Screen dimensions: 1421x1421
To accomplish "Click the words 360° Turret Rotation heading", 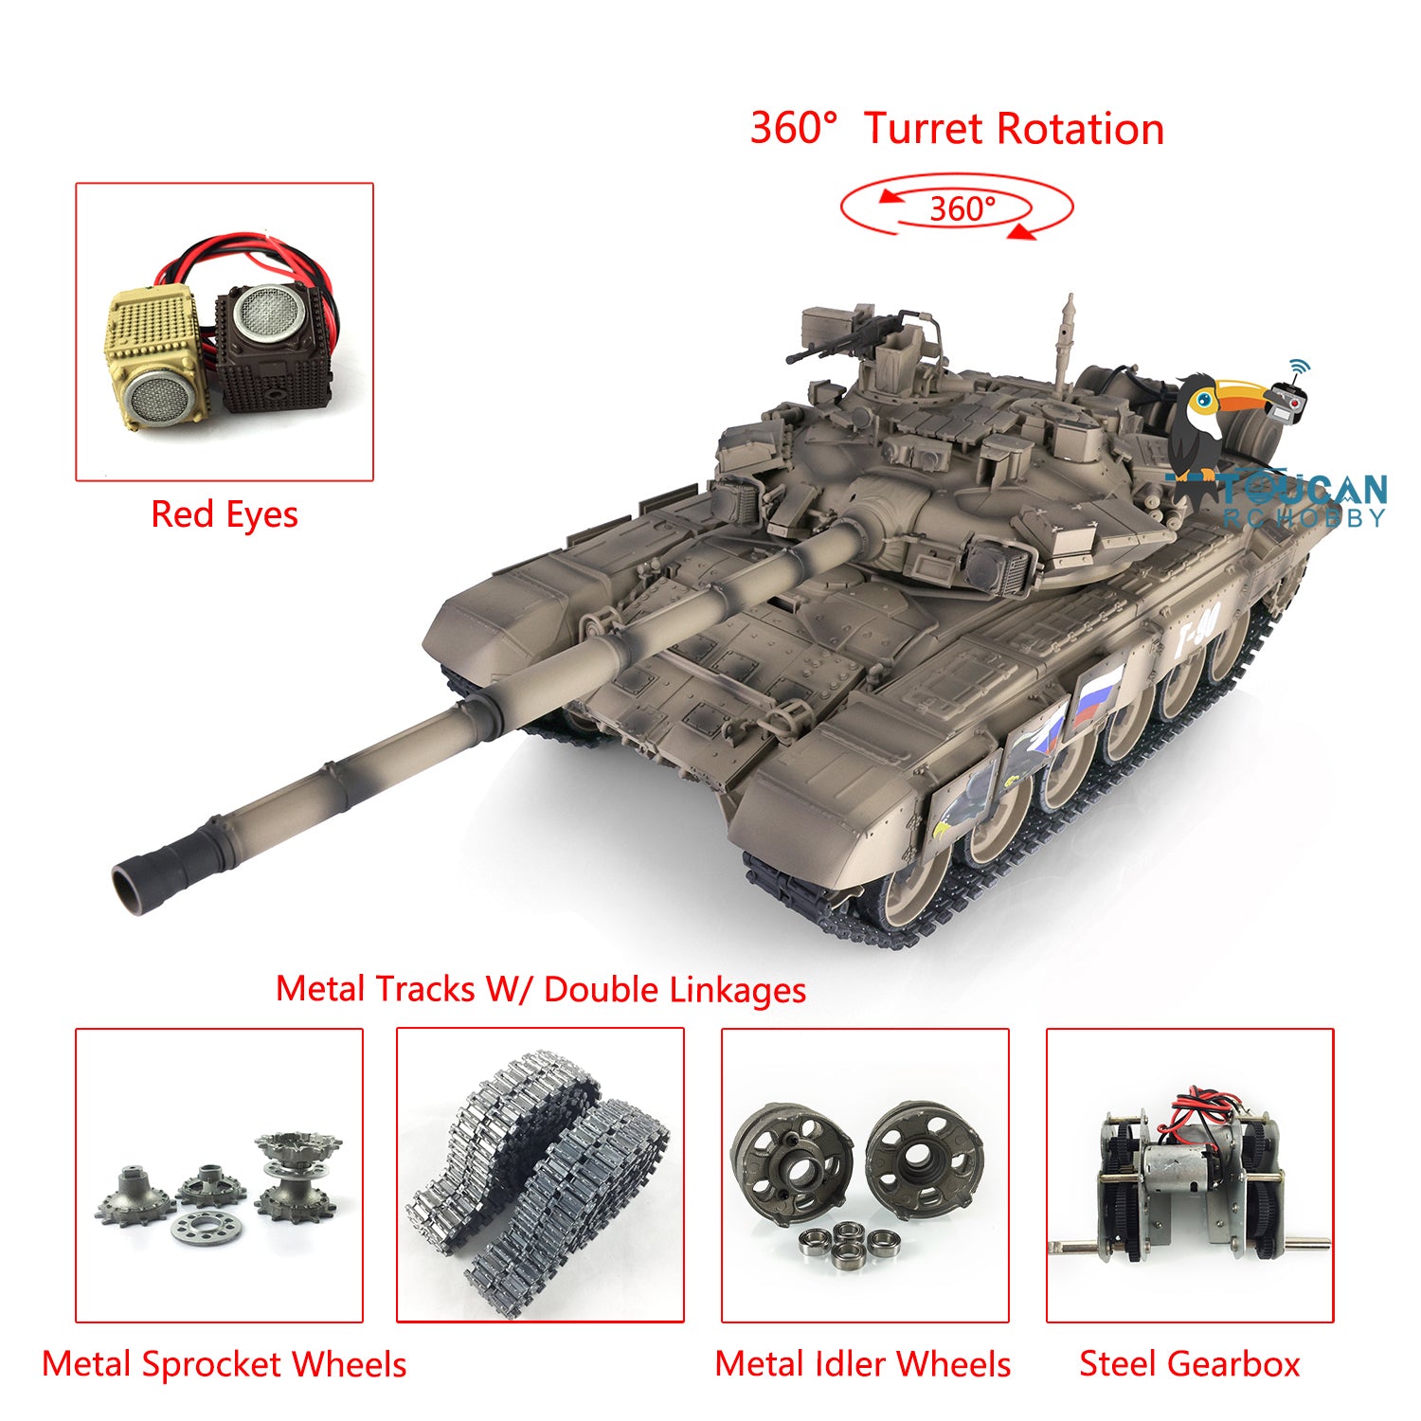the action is [957, 129].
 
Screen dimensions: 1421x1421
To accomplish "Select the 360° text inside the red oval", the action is [962, 208].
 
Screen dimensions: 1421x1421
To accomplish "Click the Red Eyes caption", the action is [225, 514].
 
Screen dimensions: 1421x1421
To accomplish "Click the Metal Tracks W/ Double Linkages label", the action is [541, 989].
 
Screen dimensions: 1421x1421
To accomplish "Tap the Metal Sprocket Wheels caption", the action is [225, 1364].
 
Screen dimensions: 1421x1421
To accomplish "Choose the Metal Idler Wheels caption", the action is [863, 1364].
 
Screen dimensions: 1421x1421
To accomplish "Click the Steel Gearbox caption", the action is [1190, 1364].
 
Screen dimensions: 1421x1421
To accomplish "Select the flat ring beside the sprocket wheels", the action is [207, 1228].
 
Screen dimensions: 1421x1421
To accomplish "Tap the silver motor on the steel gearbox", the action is [1182, 1175].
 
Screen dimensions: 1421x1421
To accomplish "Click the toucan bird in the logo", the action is [1213, 422].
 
